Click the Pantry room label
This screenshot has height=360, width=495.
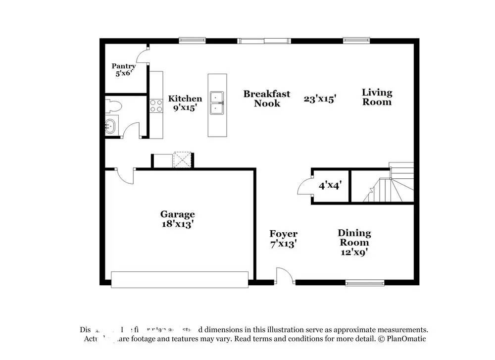point(123,70)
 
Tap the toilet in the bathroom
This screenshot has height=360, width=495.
point(113,105)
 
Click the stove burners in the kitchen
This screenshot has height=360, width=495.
point(156,105)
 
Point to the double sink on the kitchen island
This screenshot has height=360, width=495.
point(217,103)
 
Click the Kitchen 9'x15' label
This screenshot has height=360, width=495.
point(185,103)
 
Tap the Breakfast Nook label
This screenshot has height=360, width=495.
point(267,99)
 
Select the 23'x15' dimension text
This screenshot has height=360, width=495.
point(320,99)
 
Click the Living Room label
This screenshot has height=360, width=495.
point(377,97)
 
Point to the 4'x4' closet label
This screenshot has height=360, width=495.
point(331,186)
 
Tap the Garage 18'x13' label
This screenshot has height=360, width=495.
point(177,219)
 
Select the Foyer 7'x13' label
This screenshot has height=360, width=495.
point(283,238)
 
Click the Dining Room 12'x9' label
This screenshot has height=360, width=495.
point(354,243)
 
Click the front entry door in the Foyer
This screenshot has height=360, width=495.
point(285,276)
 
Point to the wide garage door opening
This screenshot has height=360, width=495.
point(180,279)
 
